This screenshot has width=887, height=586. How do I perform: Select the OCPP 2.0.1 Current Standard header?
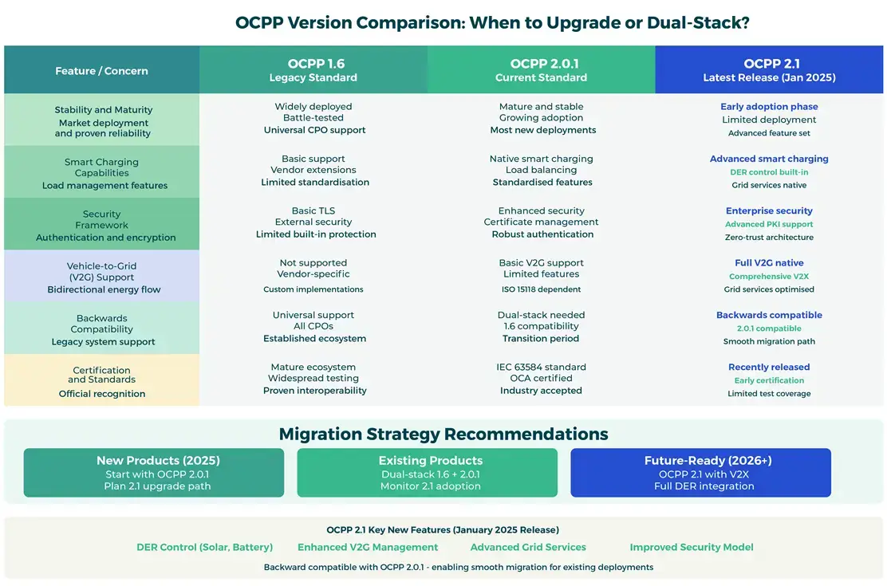point(541,70)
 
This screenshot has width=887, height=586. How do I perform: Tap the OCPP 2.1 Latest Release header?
point(769,70)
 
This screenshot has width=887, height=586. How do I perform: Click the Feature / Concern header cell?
point(101,71)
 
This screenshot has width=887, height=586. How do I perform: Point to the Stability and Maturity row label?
point(103,110)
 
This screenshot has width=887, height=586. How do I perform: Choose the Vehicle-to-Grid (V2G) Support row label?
point(102,272)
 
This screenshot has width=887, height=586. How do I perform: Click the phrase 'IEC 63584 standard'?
point(541,367)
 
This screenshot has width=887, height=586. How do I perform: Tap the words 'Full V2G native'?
point(769,262)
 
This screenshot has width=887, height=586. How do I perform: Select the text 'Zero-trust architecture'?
point(769,237)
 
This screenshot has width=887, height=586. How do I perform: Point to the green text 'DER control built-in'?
point(769,172)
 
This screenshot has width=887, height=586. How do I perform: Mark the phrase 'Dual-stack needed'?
point(541,315)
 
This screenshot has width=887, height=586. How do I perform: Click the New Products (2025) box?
point(154,473)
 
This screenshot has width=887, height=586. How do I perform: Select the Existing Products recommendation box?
point(428,473)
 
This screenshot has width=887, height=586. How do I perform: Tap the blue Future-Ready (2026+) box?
point(700,473)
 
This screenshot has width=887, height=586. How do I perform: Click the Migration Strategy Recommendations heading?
point(443,434)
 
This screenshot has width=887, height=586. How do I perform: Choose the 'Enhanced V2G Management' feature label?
point(368,547)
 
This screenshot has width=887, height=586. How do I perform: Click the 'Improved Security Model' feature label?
point(692,547)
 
